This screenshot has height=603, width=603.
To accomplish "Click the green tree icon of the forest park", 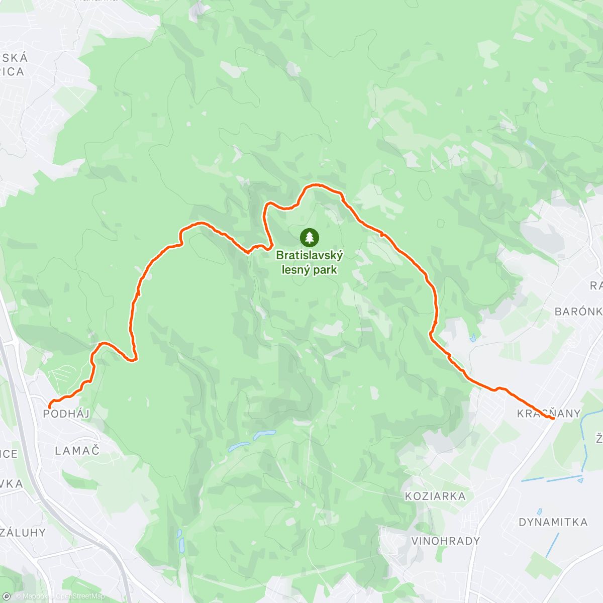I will pos(309,237).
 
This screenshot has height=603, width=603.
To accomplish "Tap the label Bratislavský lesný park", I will pos(309,262).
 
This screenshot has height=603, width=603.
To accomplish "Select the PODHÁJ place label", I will pos(66,414).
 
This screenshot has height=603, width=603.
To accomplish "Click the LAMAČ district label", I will pos(77,450).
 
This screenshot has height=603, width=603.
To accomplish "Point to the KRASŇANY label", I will pos(549,414).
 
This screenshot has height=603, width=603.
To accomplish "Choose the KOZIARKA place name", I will pos(435,496).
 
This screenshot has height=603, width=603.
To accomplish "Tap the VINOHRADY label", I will pos(446,541).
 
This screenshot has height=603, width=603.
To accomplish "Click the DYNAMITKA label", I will pos(553,522).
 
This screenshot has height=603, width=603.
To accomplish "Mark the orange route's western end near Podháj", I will pos(49,406).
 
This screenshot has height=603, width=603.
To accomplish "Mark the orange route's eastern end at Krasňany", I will pos(553,418).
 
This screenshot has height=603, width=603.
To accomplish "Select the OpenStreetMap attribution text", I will pos(80,596).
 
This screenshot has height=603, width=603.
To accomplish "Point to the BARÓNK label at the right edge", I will pos(578,312).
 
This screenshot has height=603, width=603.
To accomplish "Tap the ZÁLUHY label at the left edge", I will pos(23,532).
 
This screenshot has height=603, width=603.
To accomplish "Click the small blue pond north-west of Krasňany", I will pos(473,338).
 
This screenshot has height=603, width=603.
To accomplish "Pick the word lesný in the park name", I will pos(295,270).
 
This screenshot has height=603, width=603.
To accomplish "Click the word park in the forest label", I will pos(325,270).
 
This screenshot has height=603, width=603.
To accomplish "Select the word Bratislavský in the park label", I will pos(309,255).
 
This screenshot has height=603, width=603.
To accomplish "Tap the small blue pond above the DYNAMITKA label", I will pos(539,512).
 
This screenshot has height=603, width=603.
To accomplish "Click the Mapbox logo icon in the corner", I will pos(7,596).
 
